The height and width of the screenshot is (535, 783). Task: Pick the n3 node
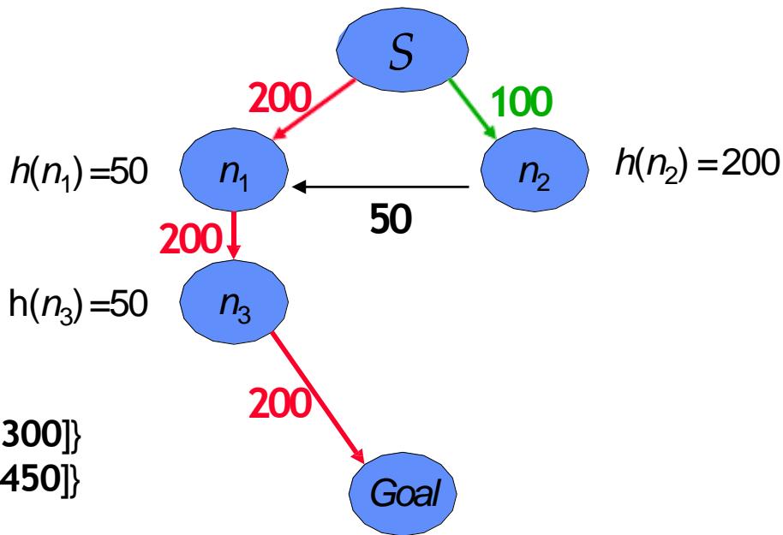click(237, 302)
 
